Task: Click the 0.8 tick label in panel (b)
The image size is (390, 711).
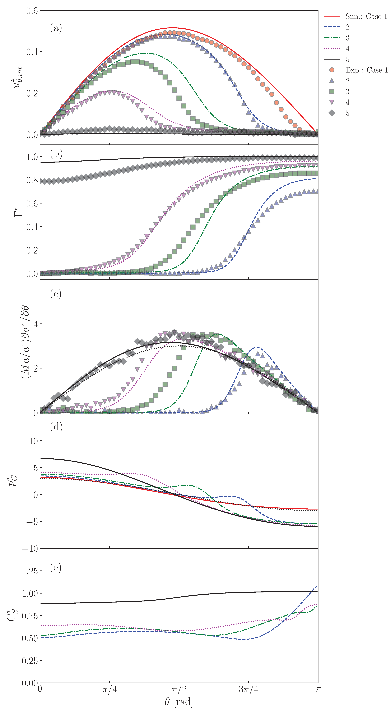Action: click(x=32, y=180)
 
